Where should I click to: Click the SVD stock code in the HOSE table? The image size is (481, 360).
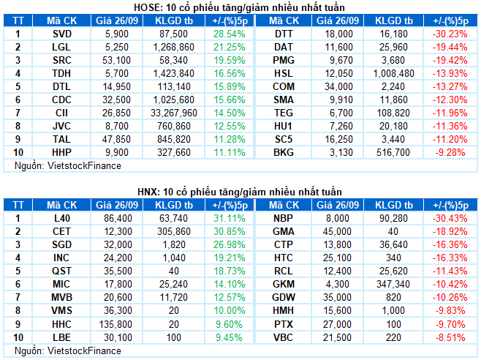pos(62,34)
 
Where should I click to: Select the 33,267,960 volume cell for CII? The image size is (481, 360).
pos(174,113)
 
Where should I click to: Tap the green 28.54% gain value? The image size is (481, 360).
pos(229,34)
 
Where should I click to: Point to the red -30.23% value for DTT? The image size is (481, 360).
pos(450,34)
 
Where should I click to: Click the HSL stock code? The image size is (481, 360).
pos(284,73)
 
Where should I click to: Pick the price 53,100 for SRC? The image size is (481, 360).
pos(116,60)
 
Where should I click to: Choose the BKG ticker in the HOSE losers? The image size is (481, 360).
pos(284,152)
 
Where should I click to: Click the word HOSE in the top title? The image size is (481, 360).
pos(145,7)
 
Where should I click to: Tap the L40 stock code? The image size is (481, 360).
pos(62,218)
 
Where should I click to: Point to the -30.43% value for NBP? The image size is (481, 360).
pos(450,218)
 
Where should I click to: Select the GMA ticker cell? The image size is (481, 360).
pos(284,231)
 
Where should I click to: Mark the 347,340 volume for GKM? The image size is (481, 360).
pos(393,284)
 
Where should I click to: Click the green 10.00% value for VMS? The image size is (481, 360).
pos(229,310)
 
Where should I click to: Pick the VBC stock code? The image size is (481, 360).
pos(284,337)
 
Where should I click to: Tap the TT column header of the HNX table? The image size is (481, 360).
pos(18,205)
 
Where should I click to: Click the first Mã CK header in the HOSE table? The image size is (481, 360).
pos(62,21)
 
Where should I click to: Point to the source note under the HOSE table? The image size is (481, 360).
pos(68,166)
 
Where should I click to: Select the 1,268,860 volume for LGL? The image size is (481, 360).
pos(174,47)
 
